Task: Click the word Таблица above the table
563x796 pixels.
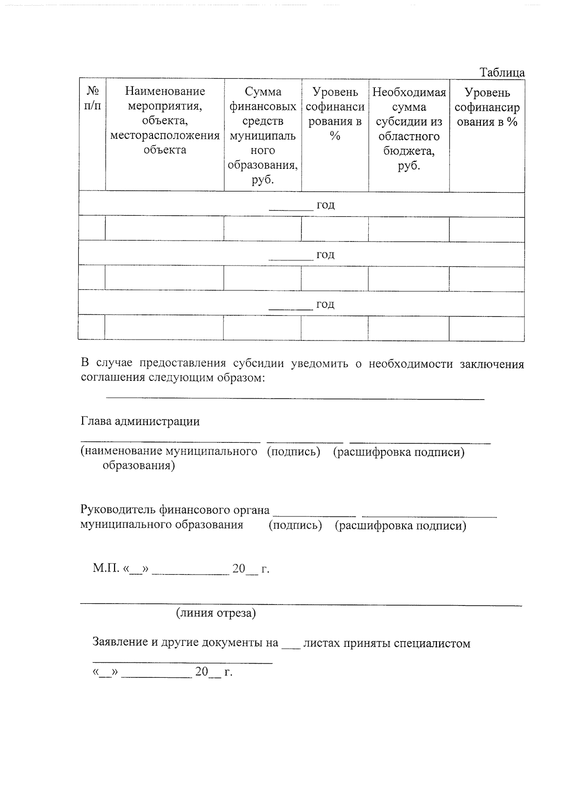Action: tap(502, 73)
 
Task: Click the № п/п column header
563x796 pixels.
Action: tap(92, 98)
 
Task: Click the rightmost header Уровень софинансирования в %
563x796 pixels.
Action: tap(487, 107)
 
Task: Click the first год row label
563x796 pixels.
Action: tap(325, 205)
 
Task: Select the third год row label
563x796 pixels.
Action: tap(325, 304)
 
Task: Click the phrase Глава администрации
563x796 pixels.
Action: tap(140, 421)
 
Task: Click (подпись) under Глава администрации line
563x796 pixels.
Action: tap(293, 452)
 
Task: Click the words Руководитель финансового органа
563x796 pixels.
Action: tap(175, 510)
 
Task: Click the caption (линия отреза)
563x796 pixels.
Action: tap(216, 613)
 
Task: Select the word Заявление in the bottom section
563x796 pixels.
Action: tap(120, 642)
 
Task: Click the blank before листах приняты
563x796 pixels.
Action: tap(290, 646)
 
